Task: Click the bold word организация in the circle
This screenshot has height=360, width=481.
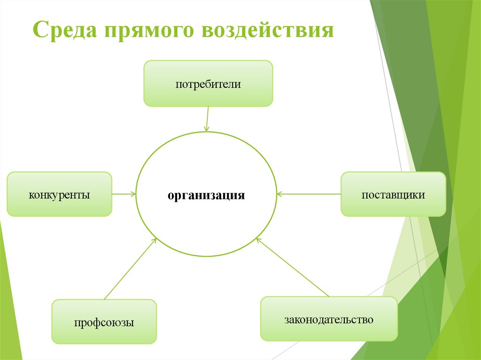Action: [207, 195]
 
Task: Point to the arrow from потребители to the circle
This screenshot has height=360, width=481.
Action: [207, 119]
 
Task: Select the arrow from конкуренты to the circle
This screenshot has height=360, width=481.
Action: [124, 194]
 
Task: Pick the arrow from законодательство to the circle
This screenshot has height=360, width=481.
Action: [292, 267]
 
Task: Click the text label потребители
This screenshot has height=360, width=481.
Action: [208, 84]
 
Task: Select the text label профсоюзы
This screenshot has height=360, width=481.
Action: [104, 322]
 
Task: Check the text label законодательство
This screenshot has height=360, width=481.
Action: [329, 320]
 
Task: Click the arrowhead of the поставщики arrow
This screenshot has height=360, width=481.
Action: [279, 194]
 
